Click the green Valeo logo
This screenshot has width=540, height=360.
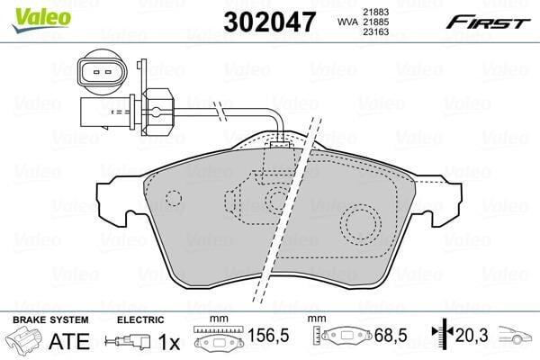pos(41,19)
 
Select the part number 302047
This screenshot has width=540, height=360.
pos(269,22)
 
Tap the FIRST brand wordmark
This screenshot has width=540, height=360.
pos(488,22)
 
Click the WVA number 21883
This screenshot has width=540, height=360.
pos(375,12)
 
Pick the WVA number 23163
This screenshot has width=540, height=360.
pos(375,31)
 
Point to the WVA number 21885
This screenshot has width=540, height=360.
pos(375,22)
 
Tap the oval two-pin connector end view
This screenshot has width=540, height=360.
pos(103,72)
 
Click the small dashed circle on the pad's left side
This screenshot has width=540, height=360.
pos(174,198)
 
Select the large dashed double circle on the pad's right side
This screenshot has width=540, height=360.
pos(361,223)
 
